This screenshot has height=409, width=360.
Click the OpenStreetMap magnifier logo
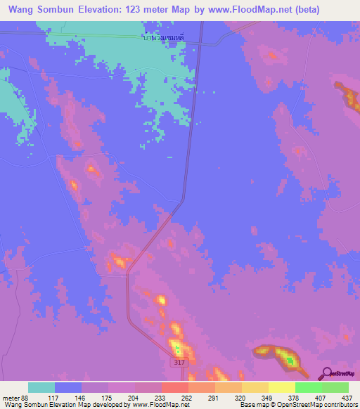click(x=328, y=374)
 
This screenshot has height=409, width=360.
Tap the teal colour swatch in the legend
click(x=41, y=387)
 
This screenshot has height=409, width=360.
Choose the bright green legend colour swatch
click(x=308, y=387)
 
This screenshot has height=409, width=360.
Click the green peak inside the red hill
click(x=290, y=361)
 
